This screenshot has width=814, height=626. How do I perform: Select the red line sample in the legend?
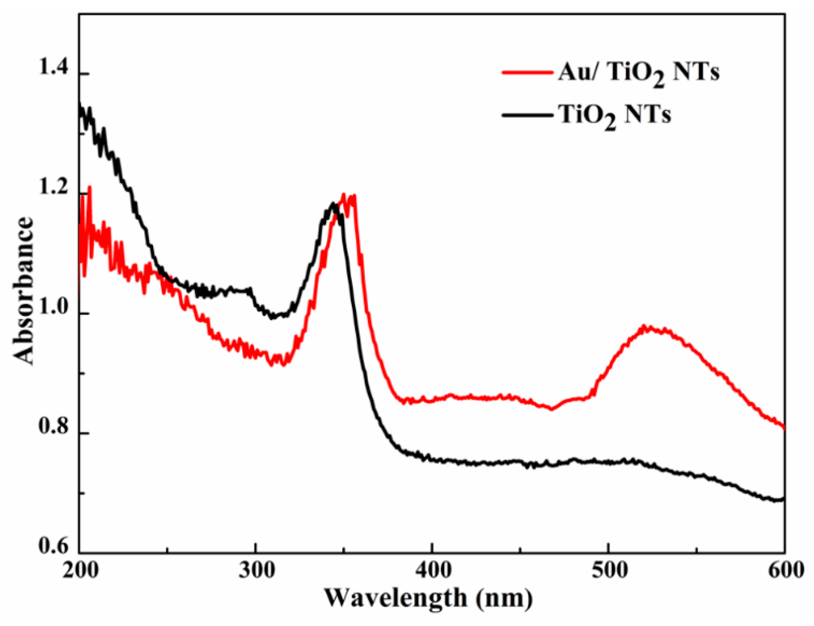point(527,72)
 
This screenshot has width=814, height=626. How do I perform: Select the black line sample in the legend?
point(527,115)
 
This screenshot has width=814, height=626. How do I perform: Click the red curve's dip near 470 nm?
point(552,409)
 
